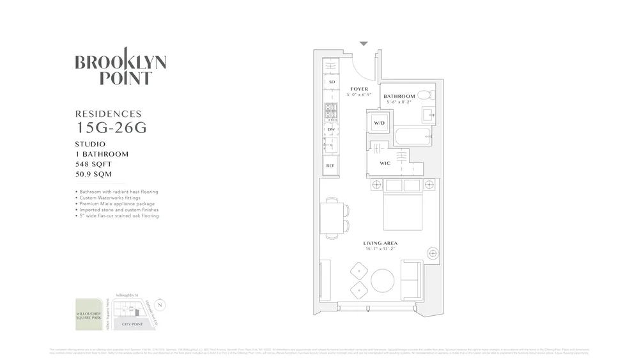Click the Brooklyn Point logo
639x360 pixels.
point(120,70)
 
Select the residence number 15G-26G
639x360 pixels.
point(111,127)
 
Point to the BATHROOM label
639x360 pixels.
point(399,97)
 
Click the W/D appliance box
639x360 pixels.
point(379,122)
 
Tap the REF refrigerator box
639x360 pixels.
point(330,166)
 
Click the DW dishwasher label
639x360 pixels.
point(331,130)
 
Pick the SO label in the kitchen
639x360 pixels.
point(331,82)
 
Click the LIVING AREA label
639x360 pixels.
point(381,243)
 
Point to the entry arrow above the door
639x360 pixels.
point(364,44)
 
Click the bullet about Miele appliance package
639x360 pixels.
point(118,204)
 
